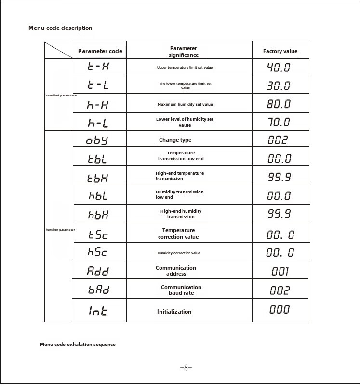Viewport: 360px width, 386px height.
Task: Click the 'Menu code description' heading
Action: (60, 28)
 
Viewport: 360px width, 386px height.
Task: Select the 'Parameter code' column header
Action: (100, 51)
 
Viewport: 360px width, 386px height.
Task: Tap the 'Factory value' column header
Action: (280, 51)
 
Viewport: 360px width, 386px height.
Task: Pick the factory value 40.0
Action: (279, 67)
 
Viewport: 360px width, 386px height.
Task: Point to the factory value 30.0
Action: (279, 86)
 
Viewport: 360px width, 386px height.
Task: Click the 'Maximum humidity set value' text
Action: (185, 104)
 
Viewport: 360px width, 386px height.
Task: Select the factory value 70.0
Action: (279, 122)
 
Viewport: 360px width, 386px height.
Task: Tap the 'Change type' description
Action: (175, 140)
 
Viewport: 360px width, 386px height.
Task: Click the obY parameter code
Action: (97, 140)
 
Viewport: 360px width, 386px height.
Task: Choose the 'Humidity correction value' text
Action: (179, 253)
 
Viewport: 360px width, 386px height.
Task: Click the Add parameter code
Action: (98, 271)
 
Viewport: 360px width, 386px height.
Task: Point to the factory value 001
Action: (280, 271)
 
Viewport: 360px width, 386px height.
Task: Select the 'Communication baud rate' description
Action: (181, 290)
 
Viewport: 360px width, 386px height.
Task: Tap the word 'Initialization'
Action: (174, 312)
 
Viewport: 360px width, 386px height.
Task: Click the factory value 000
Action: (280, 310)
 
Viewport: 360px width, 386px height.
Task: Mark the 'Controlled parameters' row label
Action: (60, 96)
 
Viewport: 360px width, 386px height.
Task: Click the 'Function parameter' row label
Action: (60, 230)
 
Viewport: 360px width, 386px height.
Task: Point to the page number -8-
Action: (186, 367)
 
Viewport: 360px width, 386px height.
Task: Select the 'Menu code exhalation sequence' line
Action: (78, 345)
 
